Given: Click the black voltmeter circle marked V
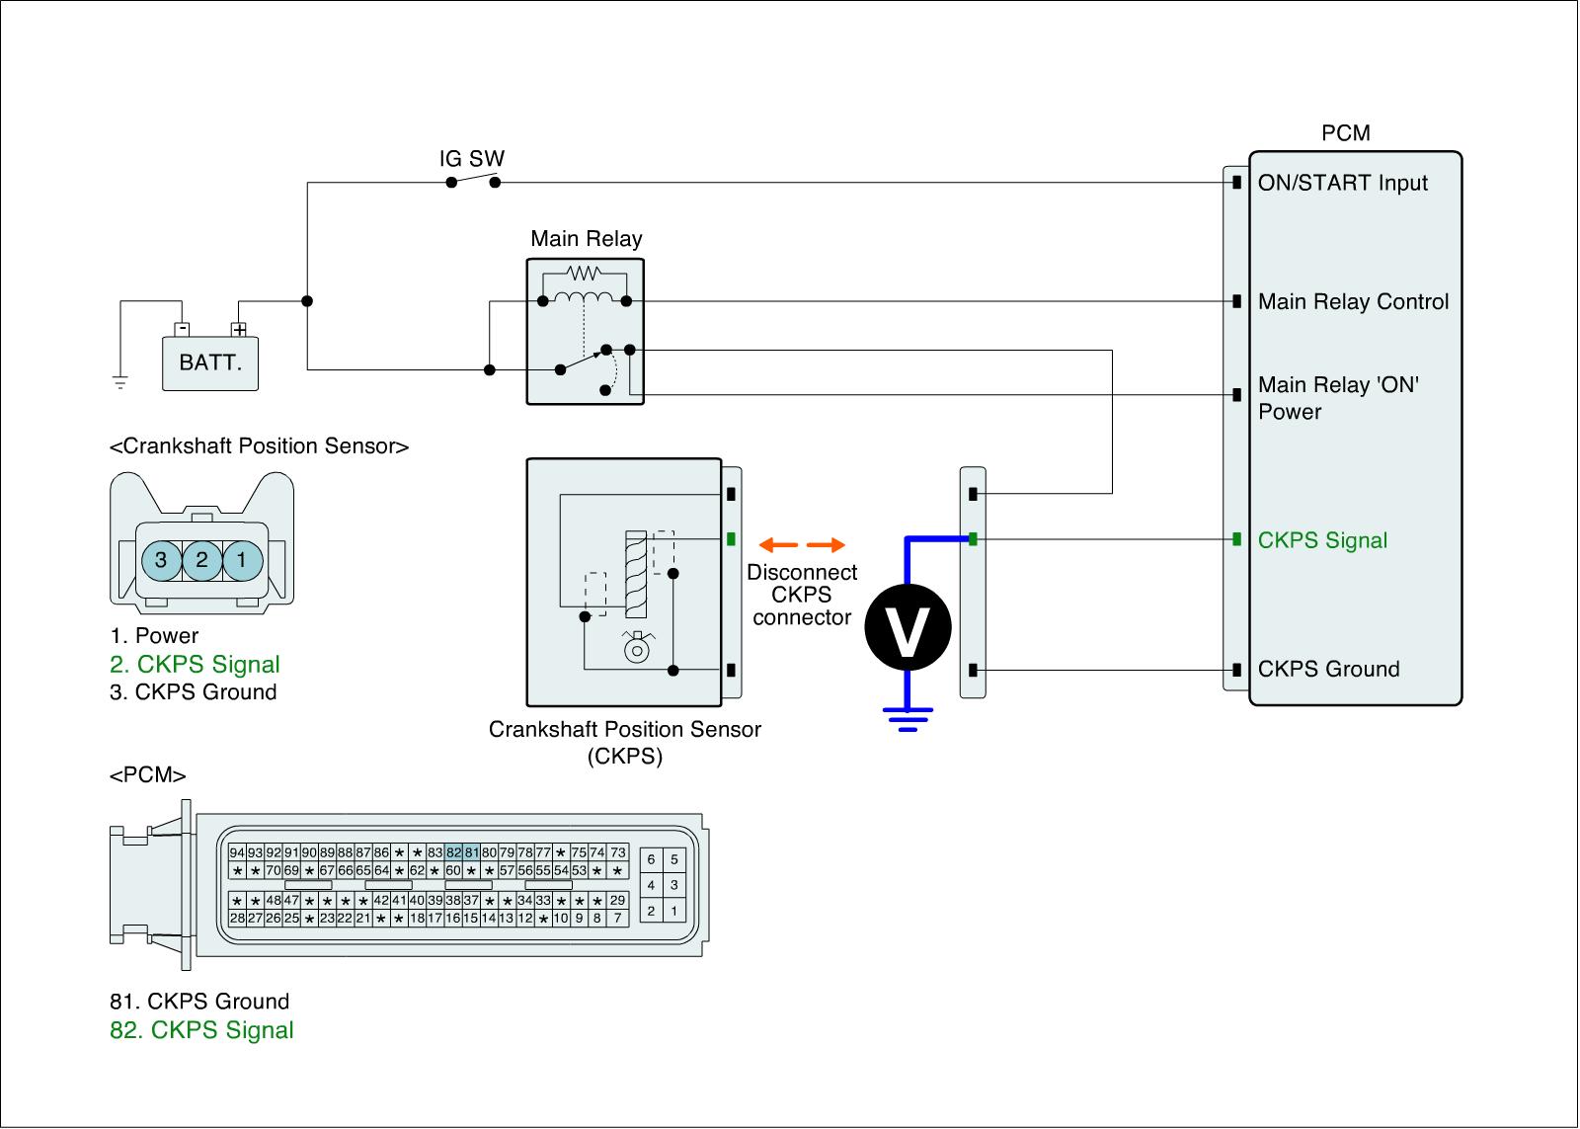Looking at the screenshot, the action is [x=908, y=627].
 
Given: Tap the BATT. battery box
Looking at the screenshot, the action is [x=210, y=363].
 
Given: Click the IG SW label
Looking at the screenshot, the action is [x=471, y=159].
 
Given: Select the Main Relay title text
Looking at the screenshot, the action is [x=587, y=238].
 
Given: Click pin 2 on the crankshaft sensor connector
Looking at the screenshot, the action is [x=201, y=560].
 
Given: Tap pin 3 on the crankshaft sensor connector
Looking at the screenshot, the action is [x=162, y=560].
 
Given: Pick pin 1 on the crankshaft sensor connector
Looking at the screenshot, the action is [x=243, y=560].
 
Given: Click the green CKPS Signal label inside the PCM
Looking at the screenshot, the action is [x=1322, y=539].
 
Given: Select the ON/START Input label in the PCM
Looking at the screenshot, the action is [x=1342, y=183].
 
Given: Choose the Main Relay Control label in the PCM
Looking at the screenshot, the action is [x=1353, y=301].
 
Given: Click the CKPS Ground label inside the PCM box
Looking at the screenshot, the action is [x=1329, y=669].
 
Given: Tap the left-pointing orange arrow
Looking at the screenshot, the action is [x=778, y=544].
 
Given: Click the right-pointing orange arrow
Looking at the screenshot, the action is [x=826, y=544].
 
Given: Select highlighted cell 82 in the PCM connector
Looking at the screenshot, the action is [x=453, y=852].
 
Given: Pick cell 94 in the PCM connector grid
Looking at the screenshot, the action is [x=237, y=852].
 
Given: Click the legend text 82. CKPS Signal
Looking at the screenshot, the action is [x=201, y=1030].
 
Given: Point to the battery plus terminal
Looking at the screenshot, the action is [x=239, y=330].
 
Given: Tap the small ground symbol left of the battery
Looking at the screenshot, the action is [x=120, y=383].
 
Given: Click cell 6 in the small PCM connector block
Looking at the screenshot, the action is [x=651, y=859].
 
